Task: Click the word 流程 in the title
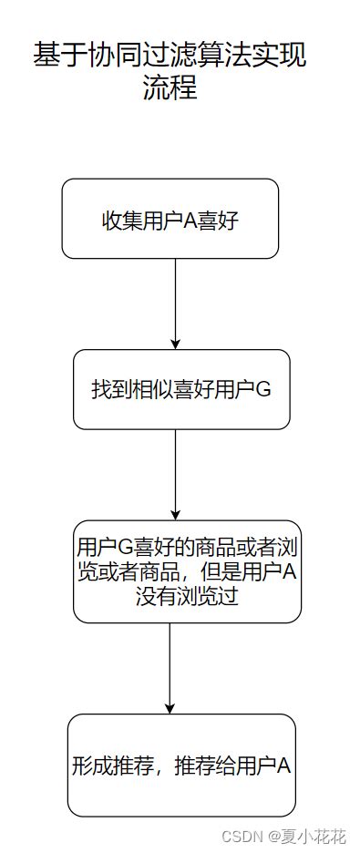(x=170, y=88)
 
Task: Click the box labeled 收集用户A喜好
(x=170, y=219)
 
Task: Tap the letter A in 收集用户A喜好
(x=190, y=221)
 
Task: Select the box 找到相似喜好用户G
(x=181, y=389)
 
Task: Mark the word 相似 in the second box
(x=149, y=390)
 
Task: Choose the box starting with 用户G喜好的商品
(x=188, y=571)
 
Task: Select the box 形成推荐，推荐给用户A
(x=181, y=765)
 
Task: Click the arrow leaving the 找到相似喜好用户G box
(x=176, y=474)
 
